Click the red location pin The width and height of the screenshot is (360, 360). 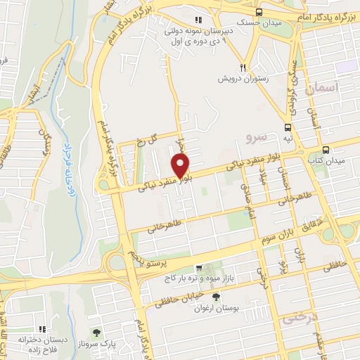[x=181, y=167]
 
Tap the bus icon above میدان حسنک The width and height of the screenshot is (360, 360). [x=259, y=12]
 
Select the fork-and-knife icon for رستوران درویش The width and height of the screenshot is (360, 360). [x=243, y=67]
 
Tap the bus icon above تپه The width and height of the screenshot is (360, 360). [x=288, y=127]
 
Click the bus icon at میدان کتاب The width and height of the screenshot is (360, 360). [x=326, y=149]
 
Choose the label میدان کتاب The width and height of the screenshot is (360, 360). [x=324, y=161]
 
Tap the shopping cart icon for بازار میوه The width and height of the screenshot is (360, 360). [x=200, y=268]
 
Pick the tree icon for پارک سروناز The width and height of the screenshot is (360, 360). [x=96, y=330]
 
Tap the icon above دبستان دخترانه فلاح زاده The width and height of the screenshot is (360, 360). [x=41, y=328]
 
